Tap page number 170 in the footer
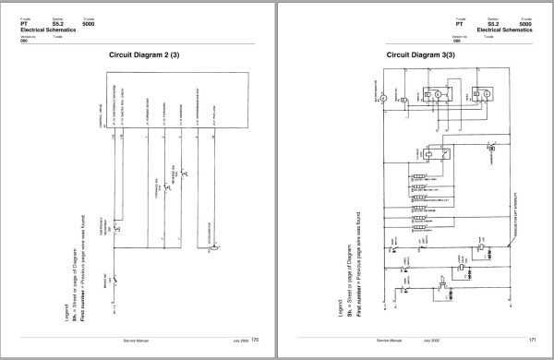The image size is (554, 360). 255,340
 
